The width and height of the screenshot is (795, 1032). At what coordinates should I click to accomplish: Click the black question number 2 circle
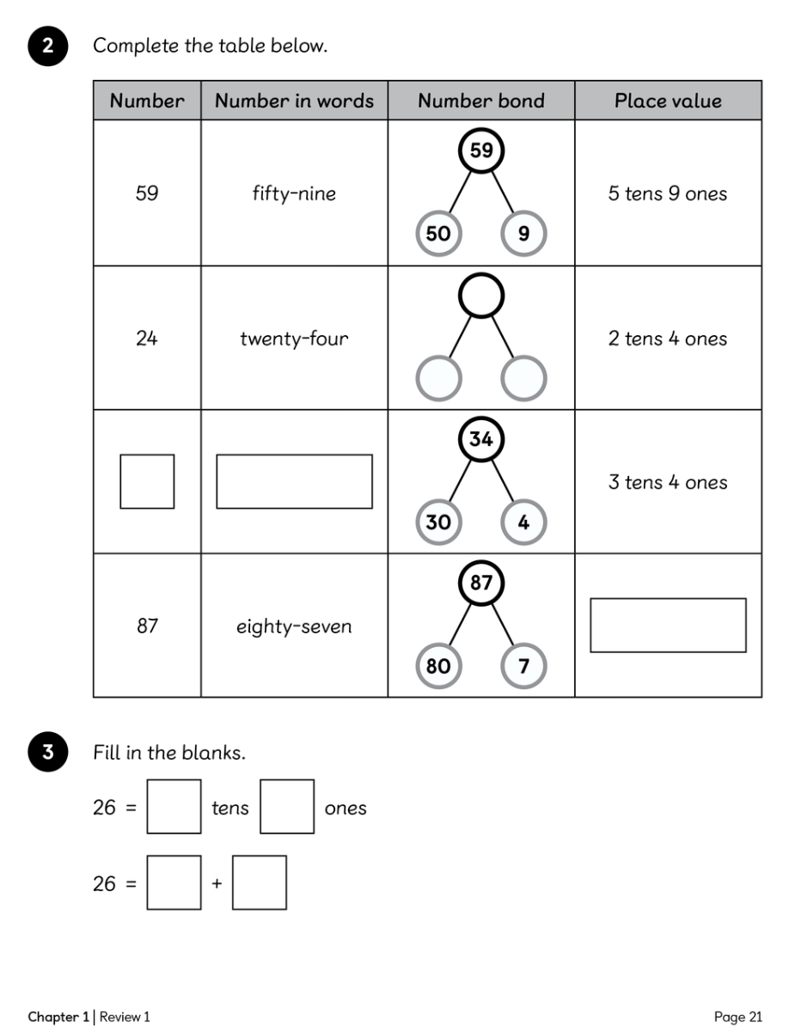[x=48, y=46]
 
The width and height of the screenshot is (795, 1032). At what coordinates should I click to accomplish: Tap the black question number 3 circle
[x=48, y=753]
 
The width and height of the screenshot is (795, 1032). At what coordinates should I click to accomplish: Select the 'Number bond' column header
[x=481, y=101]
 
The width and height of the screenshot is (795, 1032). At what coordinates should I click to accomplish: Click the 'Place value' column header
[x=668, y=101]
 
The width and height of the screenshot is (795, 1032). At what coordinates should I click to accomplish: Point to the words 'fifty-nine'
[x=294, y=193]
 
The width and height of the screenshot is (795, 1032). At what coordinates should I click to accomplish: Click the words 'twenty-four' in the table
[x=294, y=339]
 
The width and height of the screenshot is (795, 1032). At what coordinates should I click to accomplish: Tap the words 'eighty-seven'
[x=294, y=626]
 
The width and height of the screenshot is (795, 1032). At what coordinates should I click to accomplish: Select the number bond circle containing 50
[x=438, y=234]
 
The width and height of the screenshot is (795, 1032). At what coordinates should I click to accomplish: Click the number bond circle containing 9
[x=523, y=234]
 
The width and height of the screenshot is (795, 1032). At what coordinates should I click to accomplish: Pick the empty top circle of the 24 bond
[x=481, y=296]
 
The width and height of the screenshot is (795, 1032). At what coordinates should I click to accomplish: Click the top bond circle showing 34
[x=481, y=439]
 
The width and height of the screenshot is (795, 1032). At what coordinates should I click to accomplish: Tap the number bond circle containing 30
[x=438, y=522]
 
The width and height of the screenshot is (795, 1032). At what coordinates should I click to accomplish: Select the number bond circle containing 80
[x=438, y=666]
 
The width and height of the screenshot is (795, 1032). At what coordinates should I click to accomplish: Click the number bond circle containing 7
[x=523, y=666]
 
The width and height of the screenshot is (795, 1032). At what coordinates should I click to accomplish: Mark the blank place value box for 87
[x=668, y=626]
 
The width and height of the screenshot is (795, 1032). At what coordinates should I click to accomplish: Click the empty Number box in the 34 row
[x=147, y=481]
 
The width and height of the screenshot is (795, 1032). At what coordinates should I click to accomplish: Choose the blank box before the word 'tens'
[x=174, y=806]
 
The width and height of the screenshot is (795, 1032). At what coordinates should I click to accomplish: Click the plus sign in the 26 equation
[x=217, y=883]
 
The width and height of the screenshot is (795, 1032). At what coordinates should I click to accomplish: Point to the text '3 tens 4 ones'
[x=668, y=482]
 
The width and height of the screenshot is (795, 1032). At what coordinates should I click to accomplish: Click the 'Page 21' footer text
[x=737, y=1017]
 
